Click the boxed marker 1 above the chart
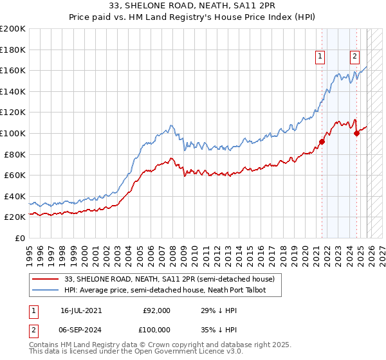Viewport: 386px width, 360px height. pyautogui.click(x=320, y=57)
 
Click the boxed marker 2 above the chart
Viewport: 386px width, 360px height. pyautogui.click(x=354, y=57)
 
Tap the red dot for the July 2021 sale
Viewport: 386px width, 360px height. pyautogui.click(x=322, y=141)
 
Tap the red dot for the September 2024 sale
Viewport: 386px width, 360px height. pyautogui.click(x=357, y=133)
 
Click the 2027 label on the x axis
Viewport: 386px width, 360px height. pyautogui.click(x=382, y=251)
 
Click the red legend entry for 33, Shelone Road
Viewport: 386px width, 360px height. pyautogui.click(x=170, y=279)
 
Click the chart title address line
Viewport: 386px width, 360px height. pyautogui.click(x=193, y=8)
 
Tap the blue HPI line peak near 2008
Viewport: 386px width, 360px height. pyautogui.click(x=171, y=125)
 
